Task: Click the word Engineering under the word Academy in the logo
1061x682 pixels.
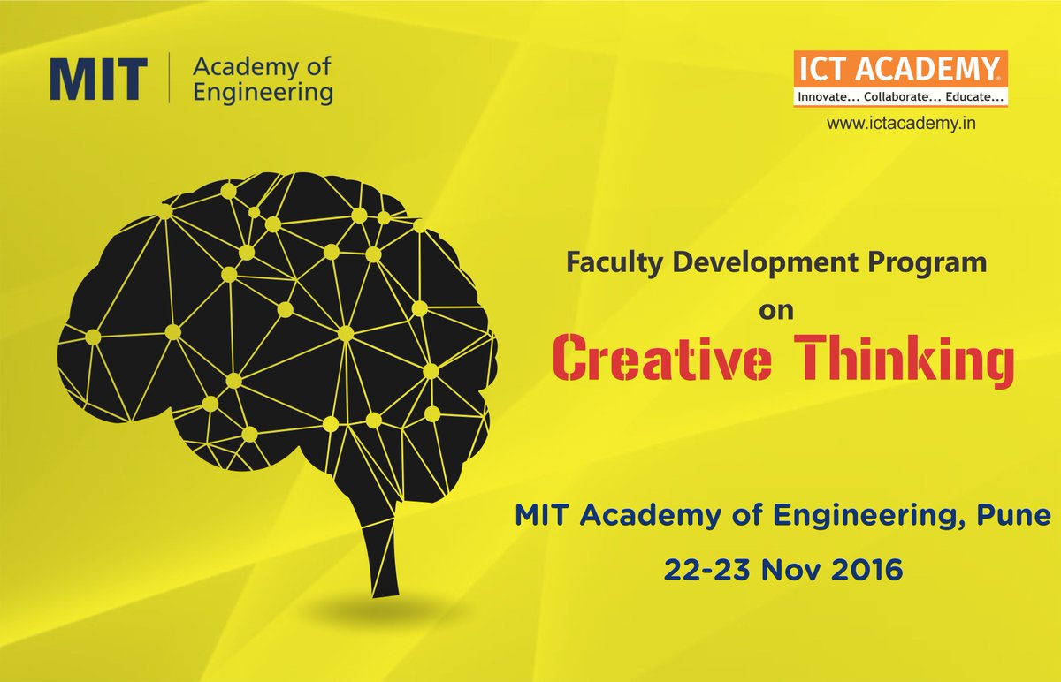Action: (x=263, y=92)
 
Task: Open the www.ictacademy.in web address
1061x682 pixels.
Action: (x=900, y=125)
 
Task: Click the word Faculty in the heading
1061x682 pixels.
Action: (x=603, y=262)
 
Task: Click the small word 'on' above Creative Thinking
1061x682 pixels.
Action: (x=779, y=310)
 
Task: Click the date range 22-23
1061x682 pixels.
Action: (x=701, y=571)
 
